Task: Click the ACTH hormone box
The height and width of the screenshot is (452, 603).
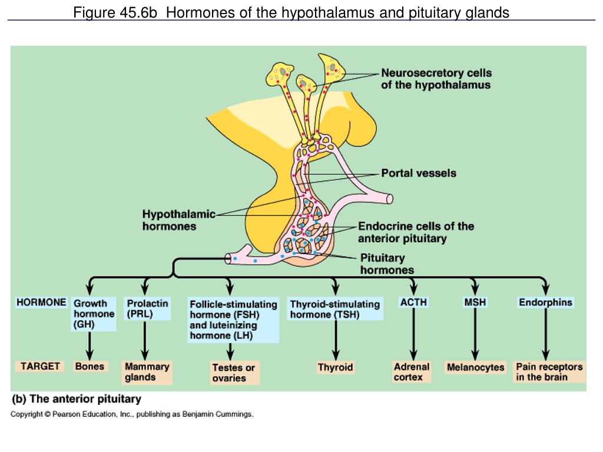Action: tap(413, 303)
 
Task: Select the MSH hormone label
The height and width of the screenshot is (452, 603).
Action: tap(475, 303)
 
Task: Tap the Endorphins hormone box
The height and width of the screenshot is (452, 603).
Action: tap(545, 303)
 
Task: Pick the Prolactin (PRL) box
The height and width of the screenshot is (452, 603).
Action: tap(147, 308)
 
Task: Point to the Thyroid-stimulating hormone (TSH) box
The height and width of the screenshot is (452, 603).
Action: tap(334, 309)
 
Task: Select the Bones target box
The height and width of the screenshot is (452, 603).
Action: tap(90, 366)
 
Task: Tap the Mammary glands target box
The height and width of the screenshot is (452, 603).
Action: tap(147, 372)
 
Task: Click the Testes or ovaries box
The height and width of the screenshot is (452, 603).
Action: tap(234, 373)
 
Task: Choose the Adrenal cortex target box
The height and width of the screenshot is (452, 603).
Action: tap(412, 372)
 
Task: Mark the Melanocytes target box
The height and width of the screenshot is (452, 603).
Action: tap(475, 367)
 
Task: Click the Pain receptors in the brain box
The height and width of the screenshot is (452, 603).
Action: tap(549, 372)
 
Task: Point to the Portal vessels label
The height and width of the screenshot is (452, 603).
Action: tap(418, 173)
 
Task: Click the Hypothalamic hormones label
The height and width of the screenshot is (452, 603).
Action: tap(178, 220)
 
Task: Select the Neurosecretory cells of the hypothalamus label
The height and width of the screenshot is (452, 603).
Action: tap(436, 79)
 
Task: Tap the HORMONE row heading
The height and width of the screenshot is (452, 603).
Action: tap(41, 303)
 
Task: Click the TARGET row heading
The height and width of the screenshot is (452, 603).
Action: tap(40, 366)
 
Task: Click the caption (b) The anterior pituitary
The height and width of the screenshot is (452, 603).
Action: tap(77, 399)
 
